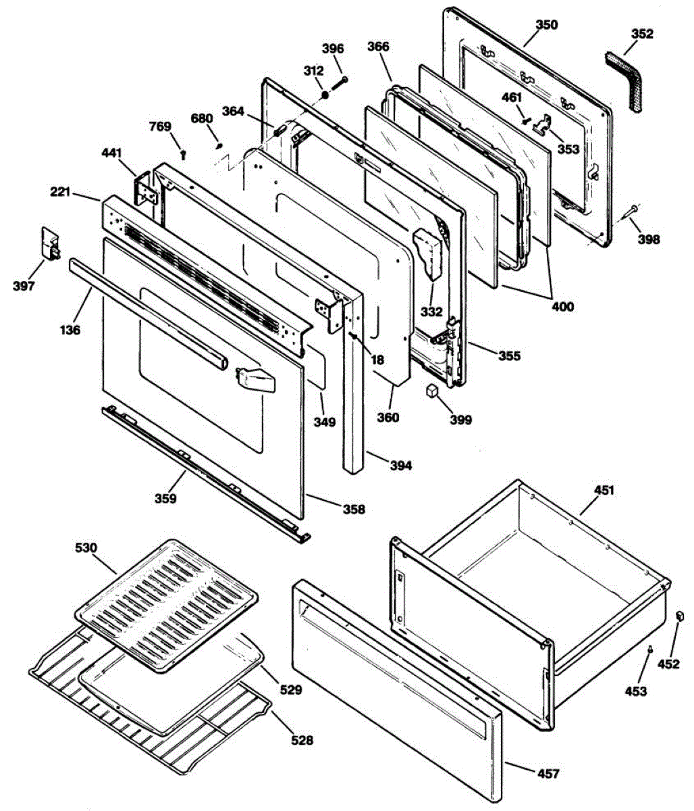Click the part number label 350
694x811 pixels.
click(x=547, y=25)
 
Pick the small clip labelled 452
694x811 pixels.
click(x=680, y=616)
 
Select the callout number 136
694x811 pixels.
click(x=70, y=330)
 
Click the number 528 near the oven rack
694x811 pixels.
click(x=302, y=740)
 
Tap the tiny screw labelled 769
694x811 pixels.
click(x=184, y=155)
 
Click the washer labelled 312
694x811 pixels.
click(x=324, y=95)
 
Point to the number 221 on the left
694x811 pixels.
click(x=61, y=192)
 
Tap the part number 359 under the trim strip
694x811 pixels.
click(x=165, y=499)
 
